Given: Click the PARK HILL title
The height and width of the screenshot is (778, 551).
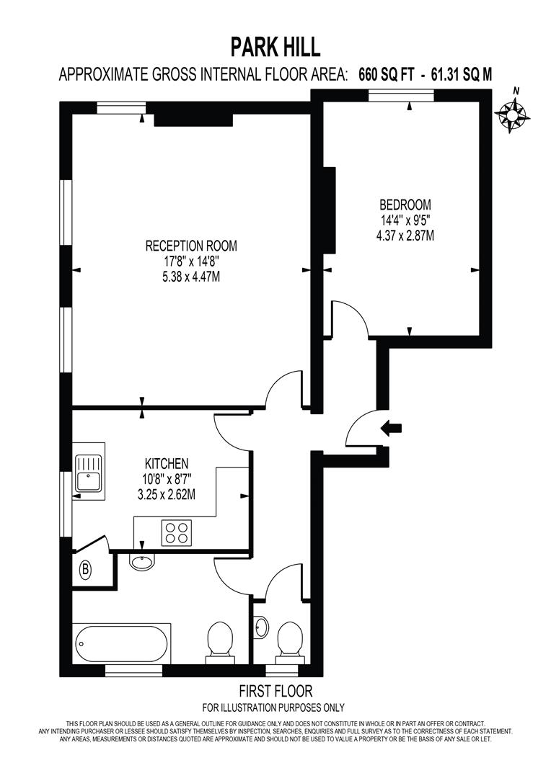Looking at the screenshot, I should [x=275, y=48].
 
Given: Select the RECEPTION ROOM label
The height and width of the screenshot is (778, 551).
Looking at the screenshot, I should [x=191, y=246].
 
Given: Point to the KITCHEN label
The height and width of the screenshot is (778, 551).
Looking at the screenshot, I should [x=167, y=462].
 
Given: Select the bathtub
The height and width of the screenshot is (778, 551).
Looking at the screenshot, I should [x=121, y=643].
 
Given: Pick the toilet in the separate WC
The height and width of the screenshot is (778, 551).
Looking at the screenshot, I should [x=290, y=638].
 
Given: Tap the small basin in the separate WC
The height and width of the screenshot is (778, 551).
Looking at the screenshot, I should [x=261, y=627].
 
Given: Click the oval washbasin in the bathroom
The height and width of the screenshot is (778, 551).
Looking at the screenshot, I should [x=141, y=561].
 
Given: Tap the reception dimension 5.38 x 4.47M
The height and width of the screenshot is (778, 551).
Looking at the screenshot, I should [x=191, y=277].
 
